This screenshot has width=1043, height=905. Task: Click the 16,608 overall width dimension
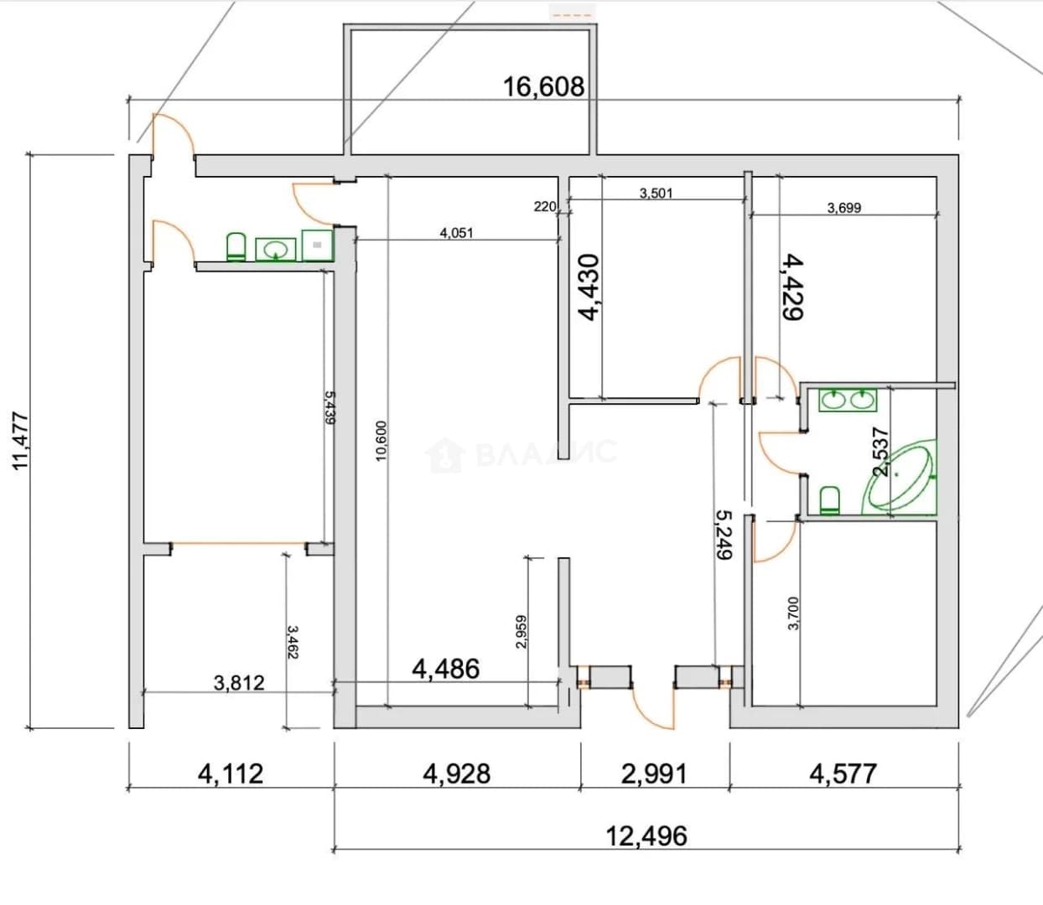coord(543,87)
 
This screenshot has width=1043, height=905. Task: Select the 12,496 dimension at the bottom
coord(646,836)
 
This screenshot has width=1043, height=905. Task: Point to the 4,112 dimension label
coord(231,773)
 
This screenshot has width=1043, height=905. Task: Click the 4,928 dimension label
coord(457,773)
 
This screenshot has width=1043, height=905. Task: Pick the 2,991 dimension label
coord(654,773)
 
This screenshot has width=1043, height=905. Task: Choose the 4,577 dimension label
coord(843,773)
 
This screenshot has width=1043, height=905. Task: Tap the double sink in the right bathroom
coord(848,400)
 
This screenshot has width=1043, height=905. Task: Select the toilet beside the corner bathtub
coord(829,500)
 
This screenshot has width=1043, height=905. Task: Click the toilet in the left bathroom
coord(236,247)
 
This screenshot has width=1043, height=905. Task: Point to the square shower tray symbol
coord(317,245)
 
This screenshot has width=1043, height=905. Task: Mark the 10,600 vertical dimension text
coord(381,441)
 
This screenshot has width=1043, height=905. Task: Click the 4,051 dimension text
coord(456,233)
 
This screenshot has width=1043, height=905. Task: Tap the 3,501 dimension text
coord(656,193)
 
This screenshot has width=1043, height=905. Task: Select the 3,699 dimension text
coord(844,208)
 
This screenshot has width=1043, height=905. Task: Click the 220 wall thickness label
coord(544,206)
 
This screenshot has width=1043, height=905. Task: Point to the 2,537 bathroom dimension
coord(880,452)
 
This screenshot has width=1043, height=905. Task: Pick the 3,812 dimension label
coord(239,683)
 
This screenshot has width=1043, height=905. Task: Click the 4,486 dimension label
coord(445,669)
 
